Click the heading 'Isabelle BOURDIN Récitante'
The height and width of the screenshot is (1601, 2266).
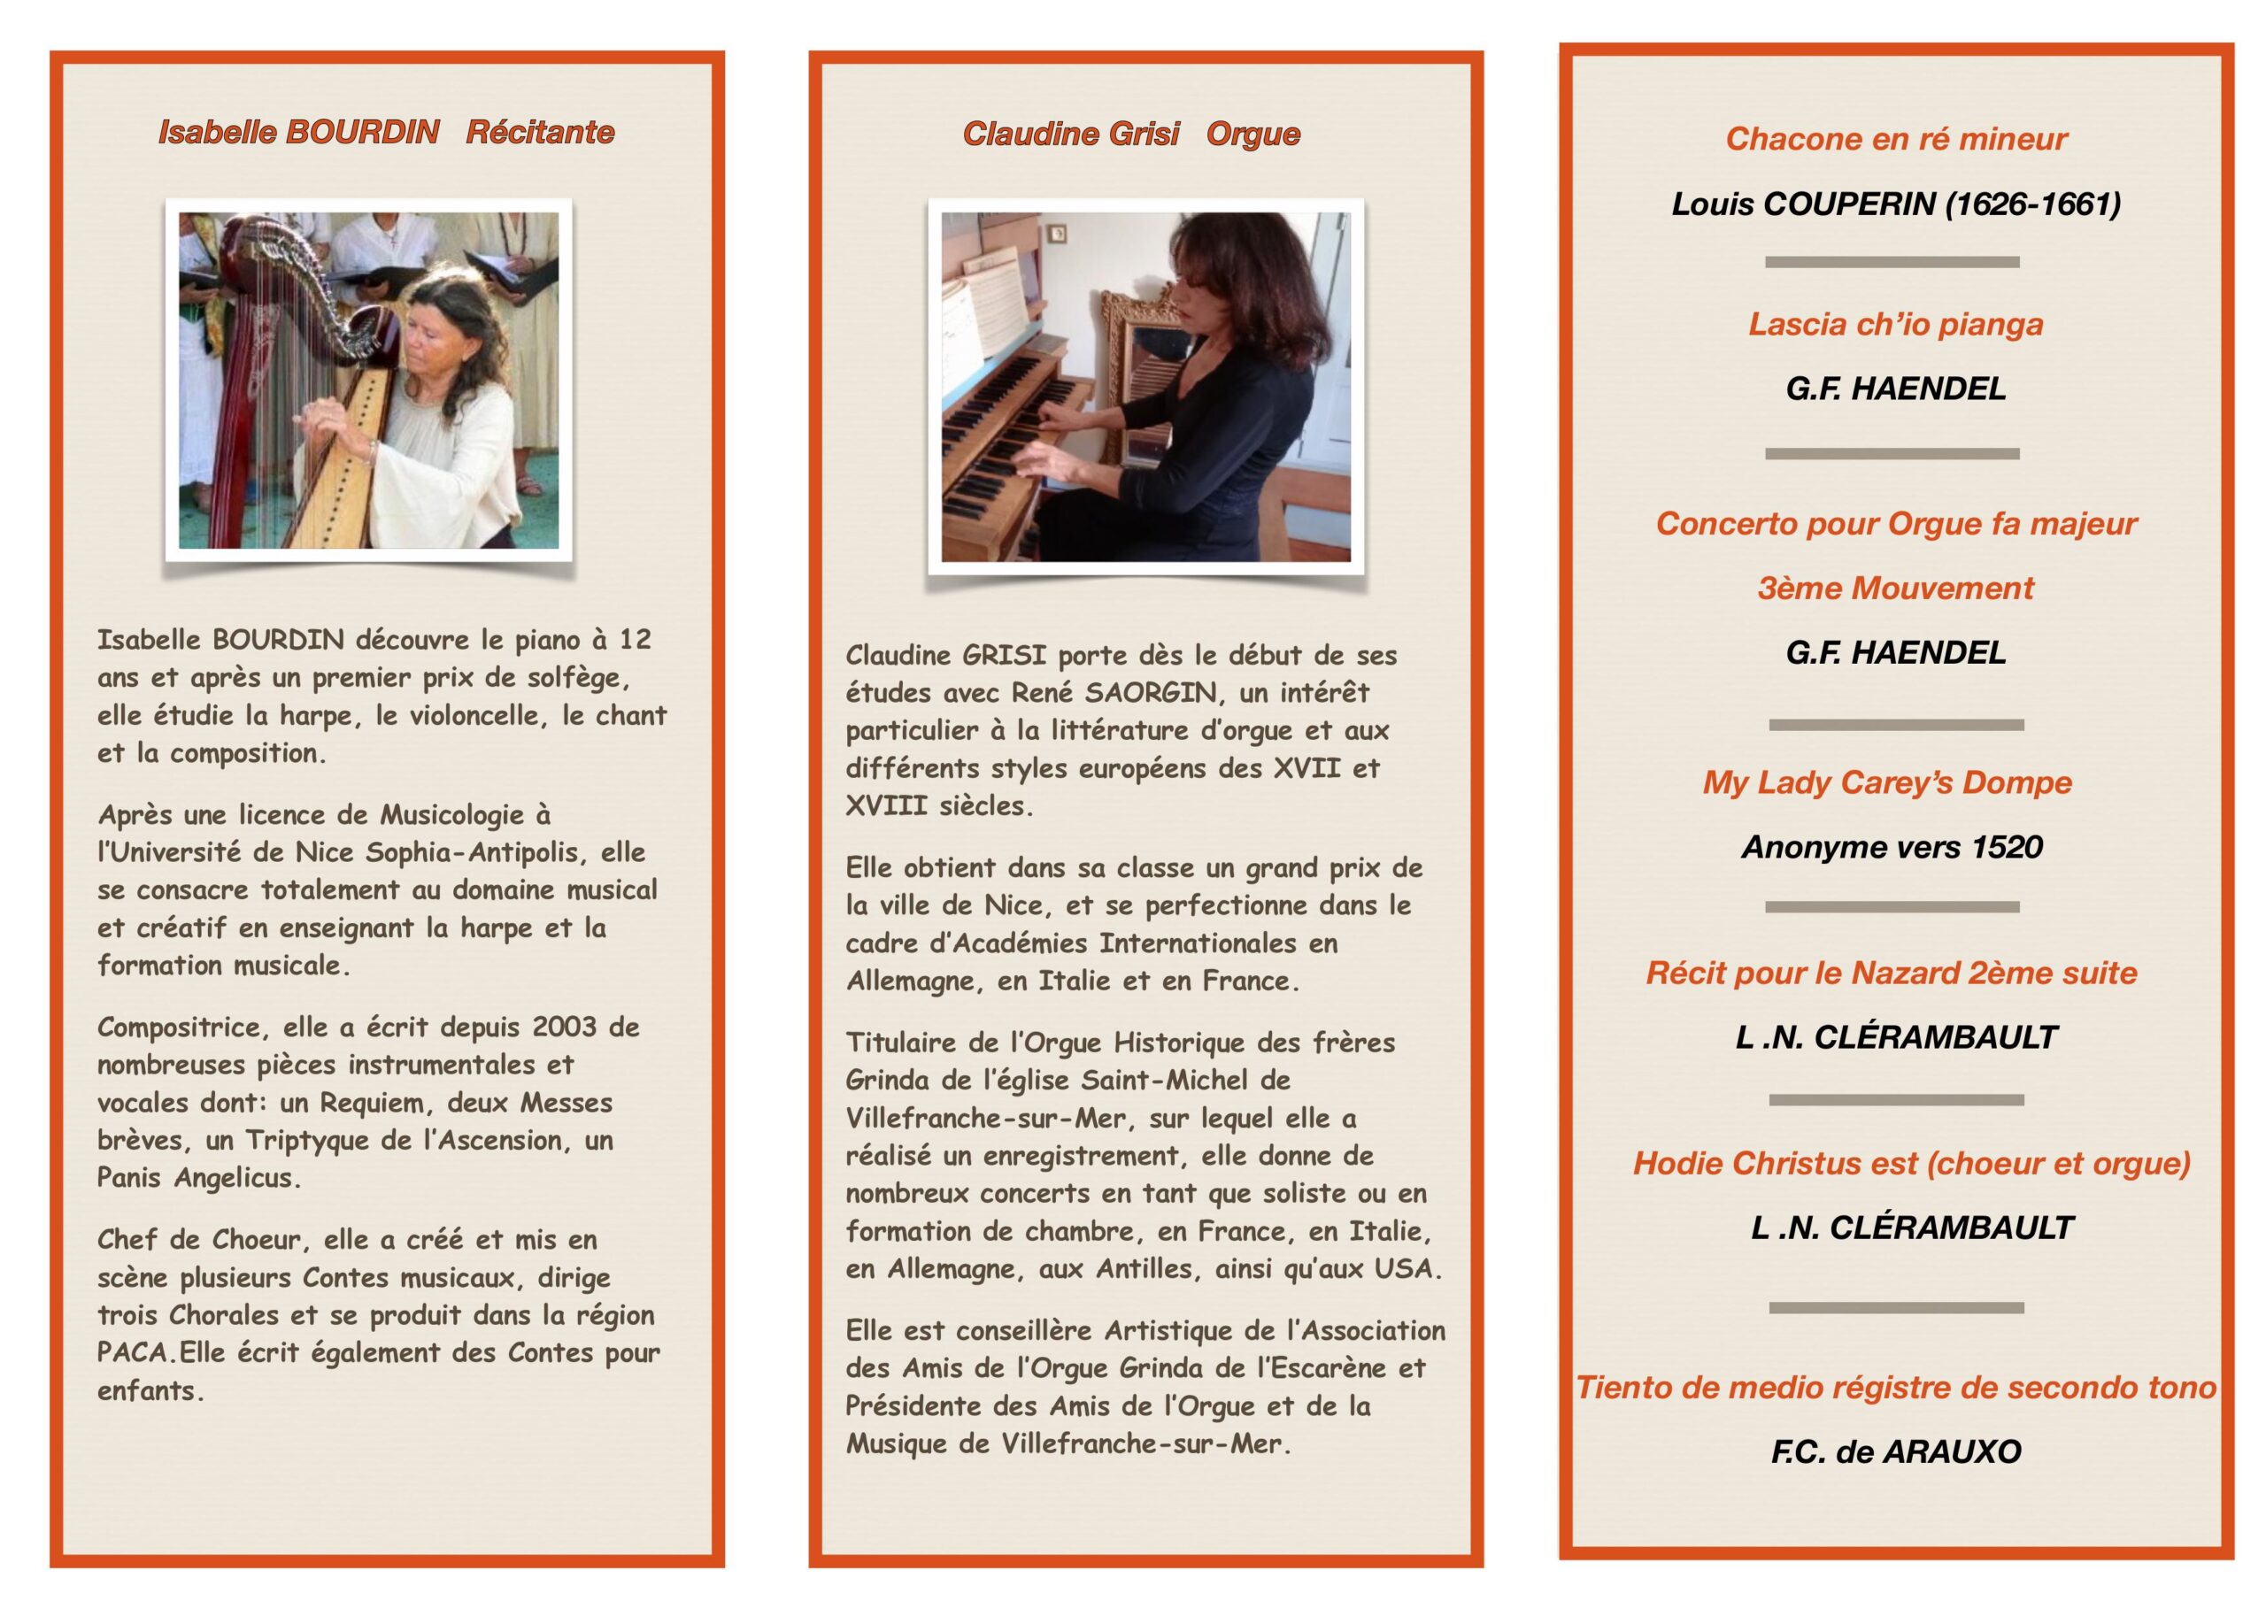click(x=386, y=132)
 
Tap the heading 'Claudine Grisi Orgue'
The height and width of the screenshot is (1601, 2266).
click(x=1131, y=135)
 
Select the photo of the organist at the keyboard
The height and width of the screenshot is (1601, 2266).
click(x=1145, y=387)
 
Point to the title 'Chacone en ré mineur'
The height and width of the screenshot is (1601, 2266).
click(x=1895, y=139)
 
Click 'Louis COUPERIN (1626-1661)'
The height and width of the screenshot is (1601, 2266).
click(x=1895, y=204)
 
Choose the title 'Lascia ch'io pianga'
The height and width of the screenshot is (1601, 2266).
click(x=1895, y=325)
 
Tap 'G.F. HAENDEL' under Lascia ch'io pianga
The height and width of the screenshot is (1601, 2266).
click(x=1895, y=389)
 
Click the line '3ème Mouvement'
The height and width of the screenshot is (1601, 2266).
click(x=1895, y=589)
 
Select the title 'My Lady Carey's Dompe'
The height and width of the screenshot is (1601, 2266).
click(x=1886, y=782)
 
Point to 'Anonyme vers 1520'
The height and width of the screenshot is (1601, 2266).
click(x=1891, y=847)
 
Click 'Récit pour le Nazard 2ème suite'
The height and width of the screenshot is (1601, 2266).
click(x=1891, y=974)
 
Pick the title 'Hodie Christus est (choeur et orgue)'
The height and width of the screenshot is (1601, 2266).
click(x=1911, y=1164)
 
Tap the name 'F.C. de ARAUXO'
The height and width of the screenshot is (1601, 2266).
click(x=1895, y=1452)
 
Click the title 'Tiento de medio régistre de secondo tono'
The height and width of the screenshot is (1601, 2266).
click(x=1895, y=1388)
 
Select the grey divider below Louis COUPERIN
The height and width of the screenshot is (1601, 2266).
click(x=1891, y=263)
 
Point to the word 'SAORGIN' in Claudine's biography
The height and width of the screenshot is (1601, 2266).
click(x=1151, y=693)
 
